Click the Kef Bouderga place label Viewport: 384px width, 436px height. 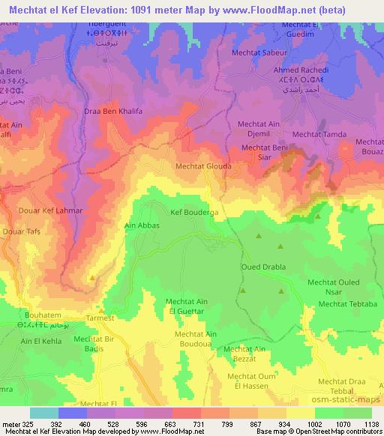(194, 213)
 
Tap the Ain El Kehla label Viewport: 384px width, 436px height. (40, 341)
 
